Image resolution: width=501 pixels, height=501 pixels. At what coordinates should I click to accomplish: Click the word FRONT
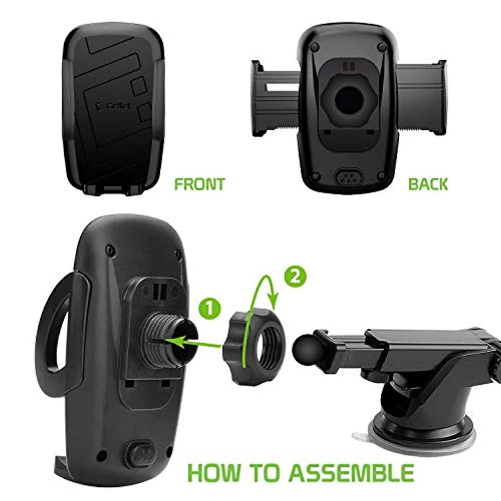tap(199, 184)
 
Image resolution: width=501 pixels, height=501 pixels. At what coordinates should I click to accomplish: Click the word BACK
tap(428, 184)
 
